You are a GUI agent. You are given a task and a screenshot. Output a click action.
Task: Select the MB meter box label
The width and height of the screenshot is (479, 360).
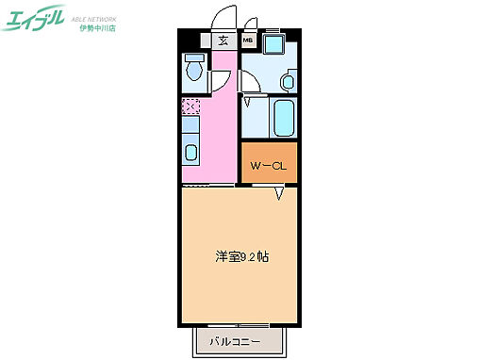[x=248, y=41]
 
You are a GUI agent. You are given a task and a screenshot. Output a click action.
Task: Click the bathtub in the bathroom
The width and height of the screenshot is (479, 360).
[x=283, y=117]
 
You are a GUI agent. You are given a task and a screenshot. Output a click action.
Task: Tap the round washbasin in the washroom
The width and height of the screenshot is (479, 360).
[x=287, y=82]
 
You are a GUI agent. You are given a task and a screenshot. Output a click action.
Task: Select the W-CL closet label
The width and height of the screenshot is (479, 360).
[x=268, y=167]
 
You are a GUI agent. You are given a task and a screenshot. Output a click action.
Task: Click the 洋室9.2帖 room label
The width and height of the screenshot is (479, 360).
[x=241, y=256]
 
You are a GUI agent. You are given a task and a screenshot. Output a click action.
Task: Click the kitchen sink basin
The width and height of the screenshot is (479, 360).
[x=190, y=153]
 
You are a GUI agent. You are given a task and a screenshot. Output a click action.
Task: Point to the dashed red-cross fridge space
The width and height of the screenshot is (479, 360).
[x=190, y=107]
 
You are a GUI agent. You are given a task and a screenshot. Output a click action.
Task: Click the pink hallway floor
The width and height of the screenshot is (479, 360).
[x=222, y=132]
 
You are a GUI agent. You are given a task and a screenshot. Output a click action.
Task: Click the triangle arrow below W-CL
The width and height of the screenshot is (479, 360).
[x=279, y=194]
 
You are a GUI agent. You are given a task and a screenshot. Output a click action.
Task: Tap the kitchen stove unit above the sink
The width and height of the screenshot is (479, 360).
[x=190, y=126]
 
